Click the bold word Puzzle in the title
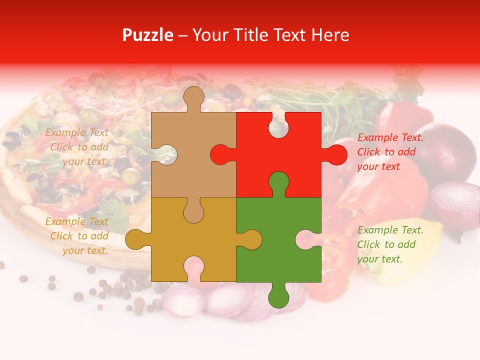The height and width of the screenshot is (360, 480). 148,35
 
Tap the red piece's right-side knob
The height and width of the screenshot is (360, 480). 336,154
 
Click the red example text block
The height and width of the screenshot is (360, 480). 390,152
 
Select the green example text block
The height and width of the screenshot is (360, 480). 390,244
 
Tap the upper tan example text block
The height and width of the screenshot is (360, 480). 77,147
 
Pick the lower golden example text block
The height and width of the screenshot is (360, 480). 77,236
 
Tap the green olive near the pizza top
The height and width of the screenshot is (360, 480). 90,115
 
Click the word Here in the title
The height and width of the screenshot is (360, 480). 330,35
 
